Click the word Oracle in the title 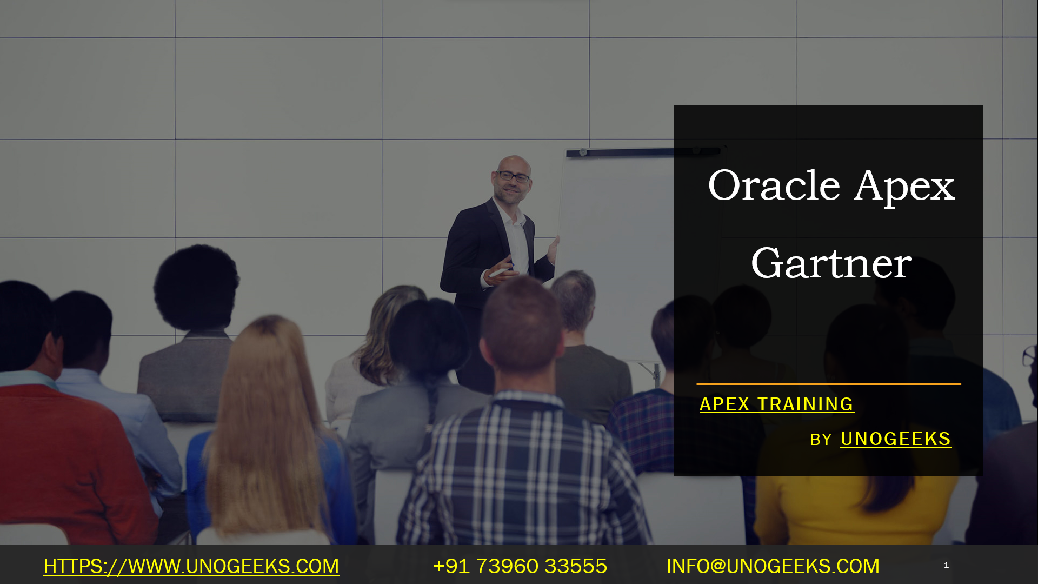(x=774, y=185)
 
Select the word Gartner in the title (x=831, y=263)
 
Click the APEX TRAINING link (x=776, y=404)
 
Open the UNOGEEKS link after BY (x=896, y=439)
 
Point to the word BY (x=821, y=440)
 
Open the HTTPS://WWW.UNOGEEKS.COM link (x=191, y=566)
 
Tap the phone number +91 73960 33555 (x=520, y=566)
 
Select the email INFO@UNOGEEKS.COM (x=773, y=566)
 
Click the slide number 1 (x=946, y=565)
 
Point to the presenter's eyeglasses (x=513, y=176)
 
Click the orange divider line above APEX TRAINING (x=829, y=384)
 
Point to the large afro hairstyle (x=196, y=287)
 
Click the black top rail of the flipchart (x=643, y=152)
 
